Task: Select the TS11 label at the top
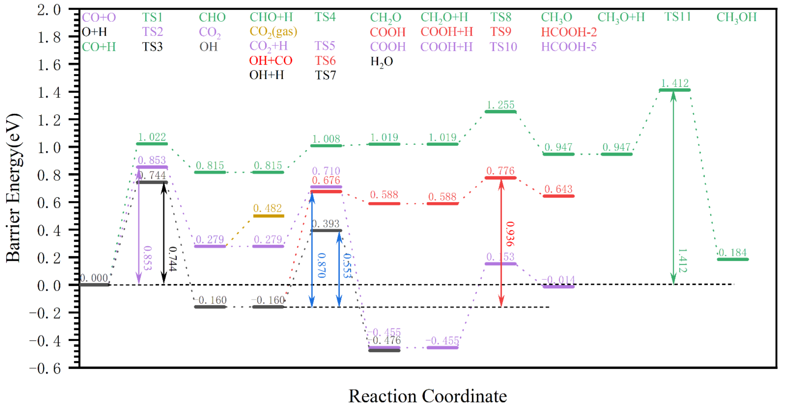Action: pyautogui.click(x=678, y=17)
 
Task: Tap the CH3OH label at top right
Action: pyautogui.click(x=736, y=17)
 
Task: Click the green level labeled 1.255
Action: pyautogui.click(x=500, y=112)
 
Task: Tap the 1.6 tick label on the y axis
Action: pyautogui.click(x=49, y=65)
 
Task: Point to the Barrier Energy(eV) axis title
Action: pyautogui.click(x=14, y=188)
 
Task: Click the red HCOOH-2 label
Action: pyautogui.click(x=569, y=32)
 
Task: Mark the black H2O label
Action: pyautogui.click(x=382, y=62)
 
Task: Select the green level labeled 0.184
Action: pyautogui.click(x=733, y=259)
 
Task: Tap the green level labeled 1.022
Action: pyautogui.click(x=152, y=144)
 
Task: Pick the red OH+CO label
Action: pyautogui.click(x=271, y=61)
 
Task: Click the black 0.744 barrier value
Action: pyautogui.click(x=173, y=259)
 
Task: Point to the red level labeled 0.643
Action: pyautogui.click(x=558, y=196)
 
